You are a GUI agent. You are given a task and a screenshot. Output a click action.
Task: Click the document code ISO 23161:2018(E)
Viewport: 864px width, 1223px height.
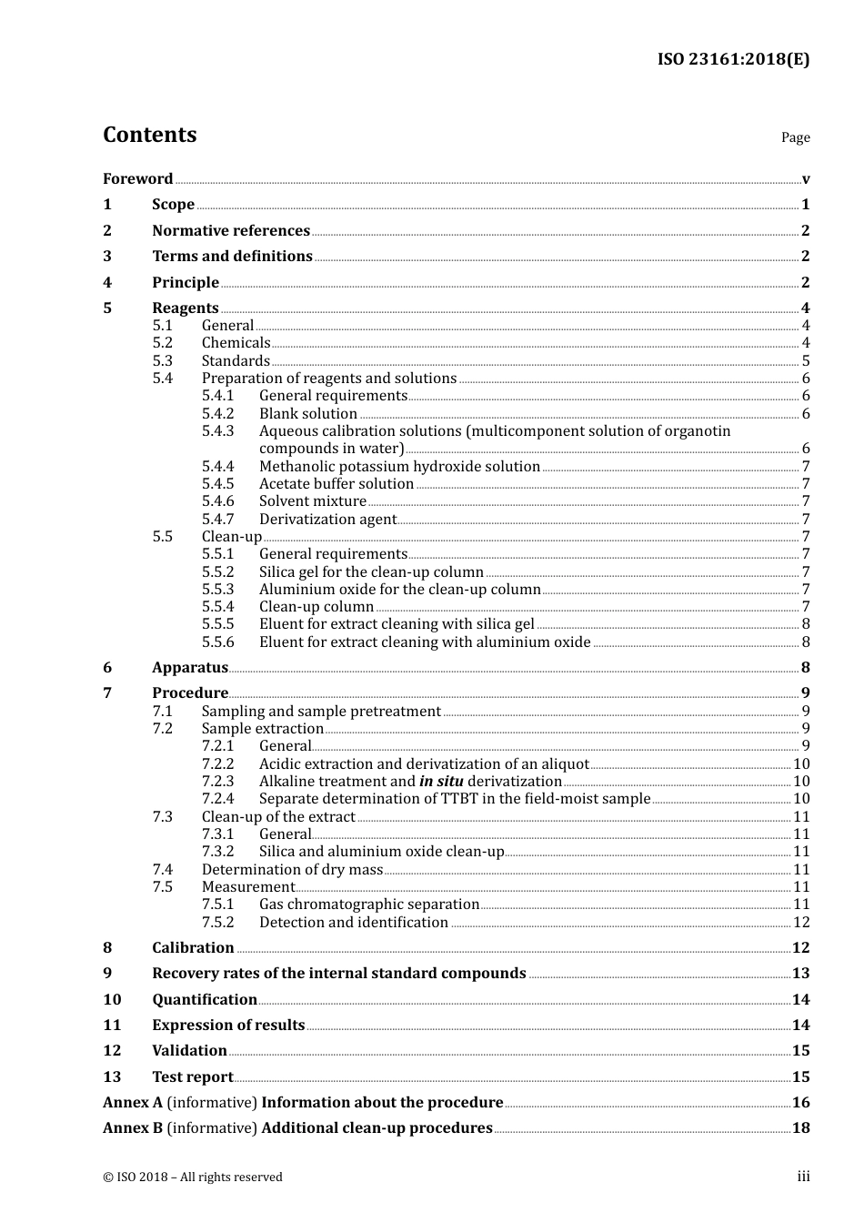point(733,60)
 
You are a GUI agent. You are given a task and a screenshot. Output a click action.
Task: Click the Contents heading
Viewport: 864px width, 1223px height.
point(149,135)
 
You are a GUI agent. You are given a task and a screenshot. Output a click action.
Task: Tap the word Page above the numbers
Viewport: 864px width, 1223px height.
point(795,137)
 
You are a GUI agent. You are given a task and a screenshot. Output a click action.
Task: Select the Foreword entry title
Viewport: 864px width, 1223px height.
point(137,179)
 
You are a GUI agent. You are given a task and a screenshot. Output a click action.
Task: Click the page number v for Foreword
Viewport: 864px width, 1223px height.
point(806,179)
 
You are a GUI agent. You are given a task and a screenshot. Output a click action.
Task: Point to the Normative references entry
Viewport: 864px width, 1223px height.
point(231,231)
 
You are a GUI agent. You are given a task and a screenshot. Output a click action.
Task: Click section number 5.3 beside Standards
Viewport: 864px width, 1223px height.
point(162,361)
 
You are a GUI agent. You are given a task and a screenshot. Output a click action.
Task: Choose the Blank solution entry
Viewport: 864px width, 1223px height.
point(307,414)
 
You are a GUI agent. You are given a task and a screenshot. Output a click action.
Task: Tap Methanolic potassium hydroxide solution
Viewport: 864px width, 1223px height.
point(399,467)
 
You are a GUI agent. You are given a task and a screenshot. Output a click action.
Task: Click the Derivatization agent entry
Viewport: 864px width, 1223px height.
point(327,520)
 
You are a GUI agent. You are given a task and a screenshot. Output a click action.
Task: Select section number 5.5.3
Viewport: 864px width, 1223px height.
point(217,590)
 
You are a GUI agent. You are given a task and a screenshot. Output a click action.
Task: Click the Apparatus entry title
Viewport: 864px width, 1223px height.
point(189,668)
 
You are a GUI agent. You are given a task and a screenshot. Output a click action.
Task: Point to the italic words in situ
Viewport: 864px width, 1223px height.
point(441,782)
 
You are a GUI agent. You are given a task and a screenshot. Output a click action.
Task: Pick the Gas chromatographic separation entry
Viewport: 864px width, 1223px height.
point(368,905)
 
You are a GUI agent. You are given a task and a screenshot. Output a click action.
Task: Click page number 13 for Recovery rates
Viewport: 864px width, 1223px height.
point(800,974)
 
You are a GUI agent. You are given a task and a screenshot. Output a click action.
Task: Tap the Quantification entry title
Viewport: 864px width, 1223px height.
point(204,1000)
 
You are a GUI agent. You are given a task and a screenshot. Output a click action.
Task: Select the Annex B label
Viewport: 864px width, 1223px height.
point(133,1128)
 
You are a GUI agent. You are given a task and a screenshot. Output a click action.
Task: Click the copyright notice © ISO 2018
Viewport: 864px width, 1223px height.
point(192,1178)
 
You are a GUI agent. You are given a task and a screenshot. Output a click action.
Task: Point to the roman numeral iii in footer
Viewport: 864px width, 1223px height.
point(804,1177)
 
